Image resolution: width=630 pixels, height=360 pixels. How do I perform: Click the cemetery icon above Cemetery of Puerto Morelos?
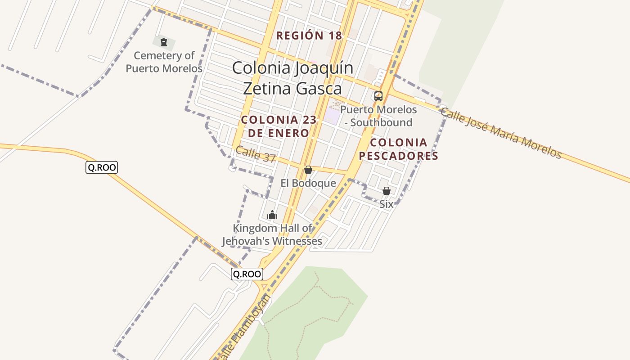(x=164, y=43)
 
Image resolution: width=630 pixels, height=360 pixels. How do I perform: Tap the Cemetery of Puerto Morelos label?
(x=164, y=62)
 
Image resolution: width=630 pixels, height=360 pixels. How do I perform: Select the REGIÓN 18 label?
(x=309, y=36)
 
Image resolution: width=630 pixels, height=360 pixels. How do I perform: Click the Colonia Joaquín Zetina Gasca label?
(x=292, y=78)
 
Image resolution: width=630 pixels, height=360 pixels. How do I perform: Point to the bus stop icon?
(x=378, y=96)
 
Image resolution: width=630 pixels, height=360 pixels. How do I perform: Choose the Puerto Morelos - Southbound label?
(x=378, y=116)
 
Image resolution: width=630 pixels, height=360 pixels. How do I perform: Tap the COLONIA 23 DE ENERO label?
(x=279, y=126)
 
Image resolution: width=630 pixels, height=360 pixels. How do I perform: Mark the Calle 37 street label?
(x=256, y=154)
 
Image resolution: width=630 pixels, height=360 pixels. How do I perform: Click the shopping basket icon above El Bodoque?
(x=308, y=170)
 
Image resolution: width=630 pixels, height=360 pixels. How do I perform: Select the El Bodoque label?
(x=308, y=183)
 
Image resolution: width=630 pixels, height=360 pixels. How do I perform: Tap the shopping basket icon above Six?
(x=386, y=191)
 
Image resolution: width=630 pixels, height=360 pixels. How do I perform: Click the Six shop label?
(x=386, y=204)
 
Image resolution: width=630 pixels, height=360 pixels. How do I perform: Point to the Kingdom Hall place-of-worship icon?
(x=272, y=215)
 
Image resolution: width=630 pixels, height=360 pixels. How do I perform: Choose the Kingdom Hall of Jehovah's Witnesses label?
(x=272, y=234)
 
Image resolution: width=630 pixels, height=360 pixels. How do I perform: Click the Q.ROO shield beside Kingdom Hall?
(x=247, y=274)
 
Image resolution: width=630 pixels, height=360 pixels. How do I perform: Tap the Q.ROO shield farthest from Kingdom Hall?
(x=102, y=168)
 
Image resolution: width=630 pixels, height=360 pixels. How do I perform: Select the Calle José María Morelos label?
(x=501, y=133)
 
